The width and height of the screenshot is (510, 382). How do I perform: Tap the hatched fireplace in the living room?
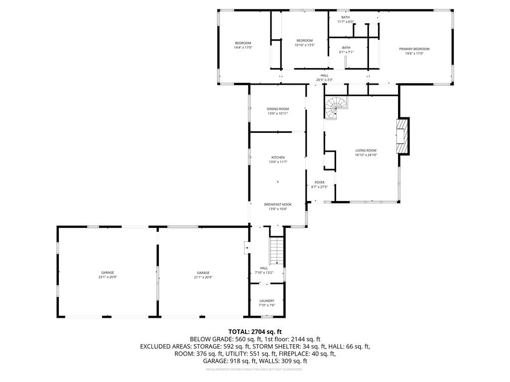(402, 136)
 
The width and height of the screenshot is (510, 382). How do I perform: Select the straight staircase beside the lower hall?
(276, 251)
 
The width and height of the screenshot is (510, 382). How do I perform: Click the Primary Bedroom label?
(414, 49)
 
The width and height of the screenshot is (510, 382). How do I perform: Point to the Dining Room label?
(278, 109)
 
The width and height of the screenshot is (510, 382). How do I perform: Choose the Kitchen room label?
(278, 158)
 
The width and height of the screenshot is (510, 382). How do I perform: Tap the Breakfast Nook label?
(278, 204)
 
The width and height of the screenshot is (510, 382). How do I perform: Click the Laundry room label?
(267, 301)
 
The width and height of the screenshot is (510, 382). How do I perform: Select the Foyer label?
(319, 183)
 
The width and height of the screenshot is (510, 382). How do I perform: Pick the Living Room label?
(366, 151)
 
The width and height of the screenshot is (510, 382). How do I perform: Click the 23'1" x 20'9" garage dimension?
(108, 278)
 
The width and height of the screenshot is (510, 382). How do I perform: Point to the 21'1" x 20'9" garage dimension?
(203, 278)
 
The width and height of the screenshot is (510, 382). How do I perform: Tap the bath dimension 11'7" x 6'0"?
(346, 22)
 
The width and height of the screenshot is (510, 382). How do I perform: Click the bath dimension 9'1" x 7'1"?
(346, 52)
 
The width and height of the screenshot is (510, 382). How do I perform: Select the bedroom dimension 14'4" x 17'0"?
(243, 47)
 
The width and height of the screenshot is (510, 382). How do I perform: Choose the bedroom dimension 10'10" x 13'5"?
(305, 45)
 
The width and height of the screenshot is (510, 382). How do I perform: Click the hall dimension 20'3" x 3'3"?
(325, 80)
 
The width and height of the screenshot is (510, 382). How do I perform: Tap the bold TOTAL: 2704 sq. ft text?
(255, 332)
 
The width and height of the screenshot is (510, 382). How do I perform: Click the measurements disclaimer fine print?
(255, 370)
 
